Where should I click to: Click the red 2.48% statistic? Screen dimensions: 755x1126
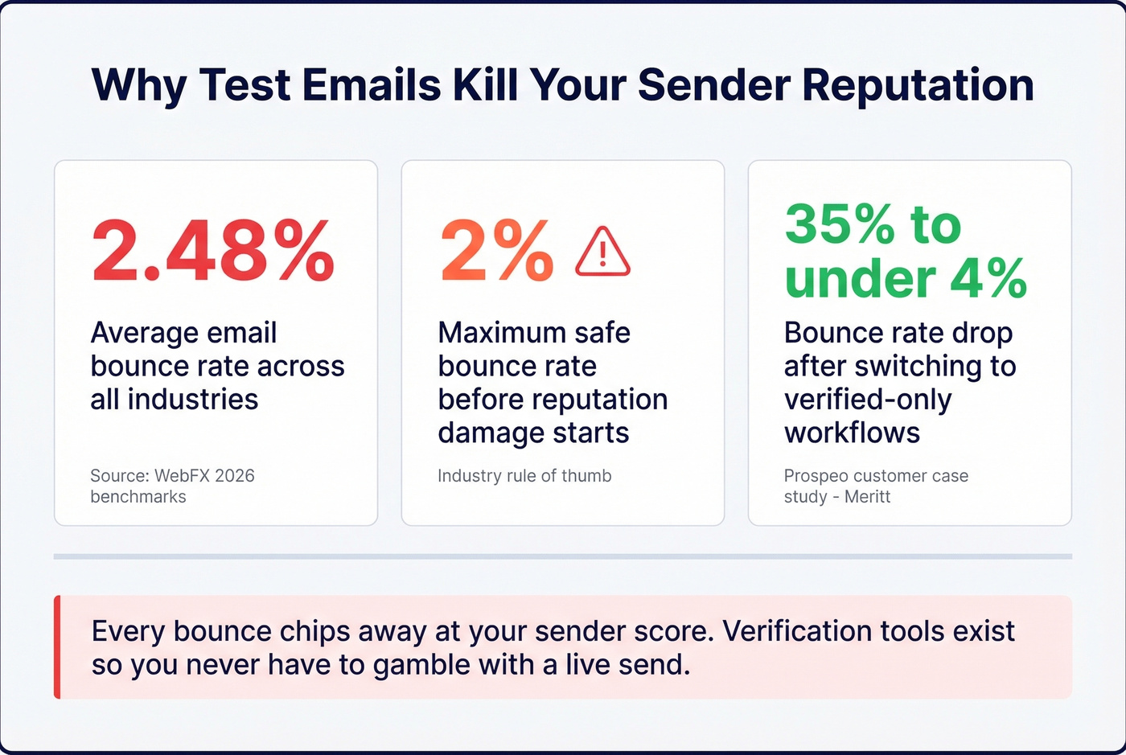(x=213, y=251)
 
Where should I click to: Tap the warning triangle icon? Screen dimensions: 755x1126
(x=602, y=252)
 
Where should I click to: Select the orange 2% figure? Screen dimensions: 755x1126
(x=496, y=252)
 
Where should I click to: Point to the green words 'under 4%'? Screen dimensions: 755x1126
(x=906, y=278)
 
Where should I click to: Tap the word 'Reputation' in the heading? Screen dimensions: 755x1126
(x=918, y=84)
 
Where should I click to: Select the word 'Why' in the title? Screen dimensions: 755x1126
(x=138, y=84)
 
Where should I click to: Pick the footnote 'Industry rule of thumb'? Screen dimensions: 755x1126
(x=524, y=475)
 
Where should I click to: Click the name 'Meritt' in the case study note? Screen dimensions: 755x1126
(x=867, y=496)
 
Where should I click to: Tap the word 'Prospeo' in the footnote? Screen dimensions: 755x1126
(x=816, y=475)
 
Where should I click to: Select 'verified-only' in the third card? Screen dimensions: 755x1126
(x=868, y=399)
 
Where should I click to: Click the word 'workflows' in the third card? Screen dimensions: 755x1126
(x=852, y=433)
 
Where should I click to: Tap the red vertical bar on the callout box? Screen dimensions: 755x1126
(x=57, y=647)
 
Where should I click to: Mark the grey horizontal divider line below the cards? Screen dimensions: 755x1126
(x=563, y=556)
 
